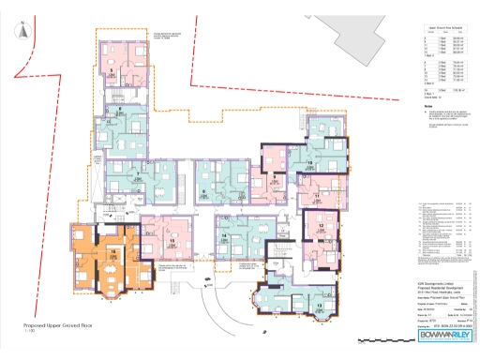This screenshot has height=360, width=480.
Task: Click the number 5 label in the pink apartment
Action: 112,70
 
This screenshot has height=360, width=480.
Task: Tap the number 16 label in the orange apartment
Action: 112,252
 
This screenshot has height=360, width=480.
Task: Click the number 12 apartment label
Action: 321,227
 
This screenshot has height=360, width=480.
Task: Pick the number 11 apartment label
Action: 318,196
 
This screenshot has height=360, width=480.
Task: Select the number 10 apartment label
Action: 309,162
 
